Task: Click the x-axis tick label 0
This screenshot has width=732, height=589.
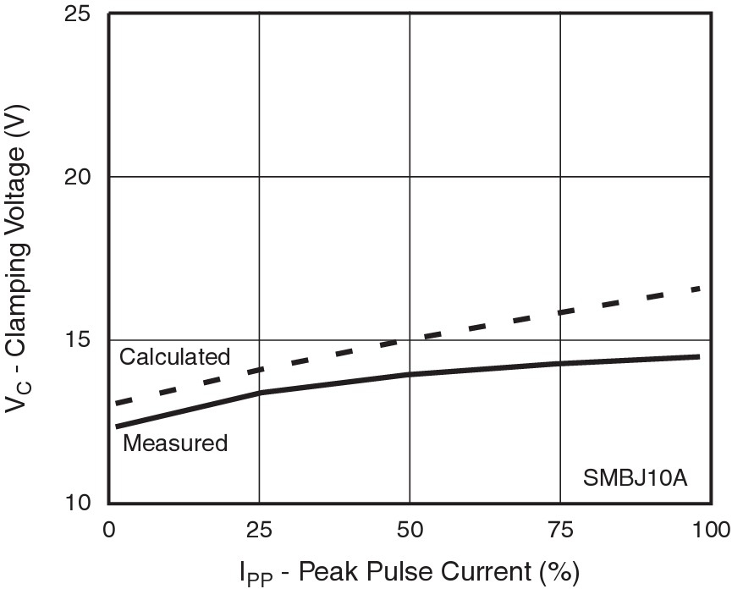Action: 108,531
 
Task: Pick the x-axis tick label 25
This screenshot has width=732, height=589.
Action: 259,531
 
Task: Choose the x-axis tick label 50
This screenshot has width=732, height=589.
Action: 410,531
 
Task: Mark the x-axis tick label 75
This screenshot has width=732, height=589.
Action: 560,531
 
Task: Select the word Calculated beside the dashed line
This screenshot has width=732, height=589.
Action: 174,356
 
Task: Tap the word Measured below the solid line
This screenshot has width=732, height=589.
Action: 175,443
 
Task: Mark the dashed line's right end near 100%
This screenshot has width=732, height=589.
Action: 699,289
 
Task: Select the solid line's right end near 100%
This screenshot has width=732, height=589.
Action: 699,357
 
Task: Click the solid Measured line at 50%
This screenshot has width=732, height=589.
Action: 410,374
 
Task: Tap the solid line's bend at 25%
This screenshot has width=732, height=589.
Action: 259,393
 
